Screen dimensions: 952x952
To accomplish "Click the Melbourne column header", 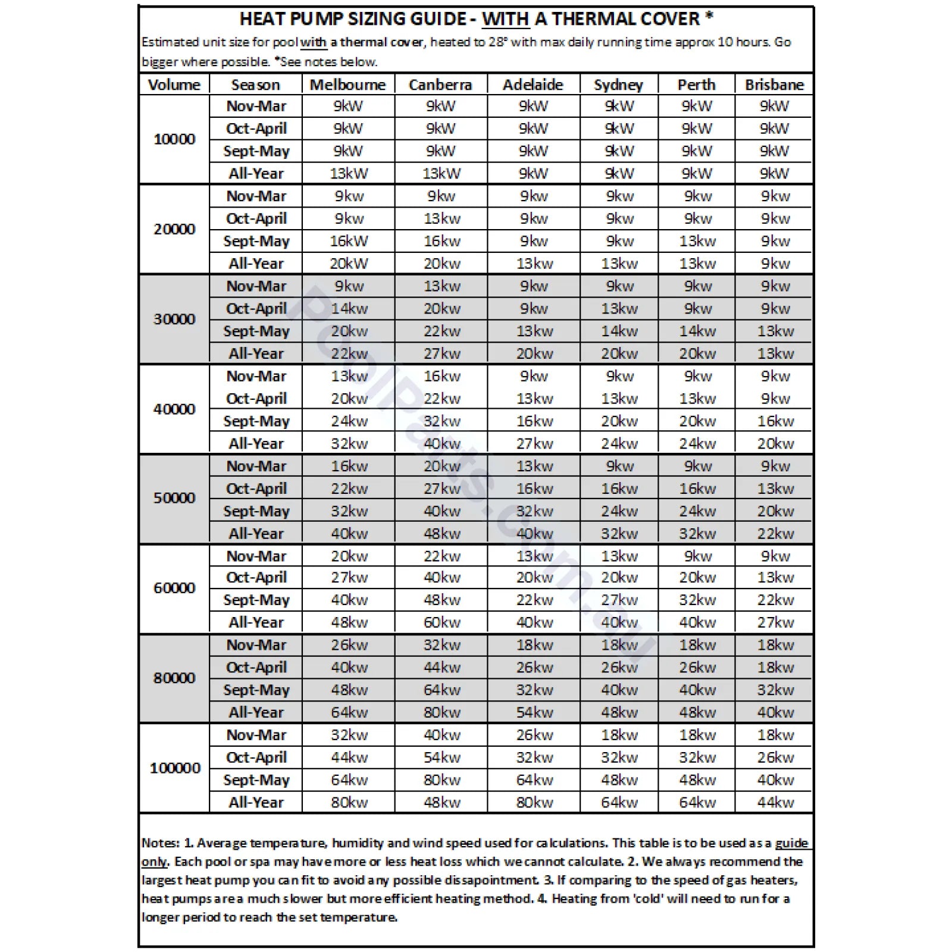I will coord(347,84).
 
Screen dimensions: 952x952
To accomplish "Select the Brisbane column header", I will coord(774,84).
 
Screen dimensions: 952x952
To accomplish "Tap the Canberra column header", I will coord(440,84).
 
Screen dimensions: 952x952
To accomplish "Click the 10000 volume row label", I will coord(174,139).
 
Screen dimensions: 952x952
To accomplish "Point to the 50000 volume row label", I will coord(174,498).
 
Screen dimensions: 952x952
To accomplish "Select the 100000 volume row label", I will coord(175,768).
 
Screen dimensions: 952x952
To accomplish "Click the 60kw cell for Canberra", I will coord(441,622).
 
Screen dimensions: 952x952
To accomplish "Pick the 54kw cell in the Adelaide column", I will coord(534,712).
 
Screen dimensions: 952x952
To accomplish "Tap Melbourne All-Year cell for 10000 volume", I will coord(349,174).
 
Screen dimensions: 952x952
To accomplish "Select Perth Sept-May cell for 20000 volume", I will coord(697,241).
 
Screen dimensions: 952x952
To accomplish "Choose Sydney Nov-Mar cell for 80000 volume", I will coord(619,645).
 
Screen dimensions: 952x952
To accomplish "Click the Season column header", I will coord(255,84).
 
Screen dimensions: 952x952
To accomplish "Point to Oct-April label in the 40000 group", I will coord(256,399).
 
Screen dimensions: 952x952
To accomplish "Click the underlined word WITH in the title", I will coord(505,19).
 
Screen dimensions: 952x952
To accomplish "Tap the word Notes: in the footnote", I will coord(160,843).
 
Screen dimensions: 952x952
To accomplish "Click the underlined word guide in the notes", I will coord(791,843).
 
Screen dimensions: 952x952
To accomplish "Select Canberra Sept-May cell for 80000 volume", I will coord(441,690).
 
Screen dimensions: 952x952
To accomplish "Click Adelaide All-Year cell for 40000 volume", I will coord(534,444).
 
